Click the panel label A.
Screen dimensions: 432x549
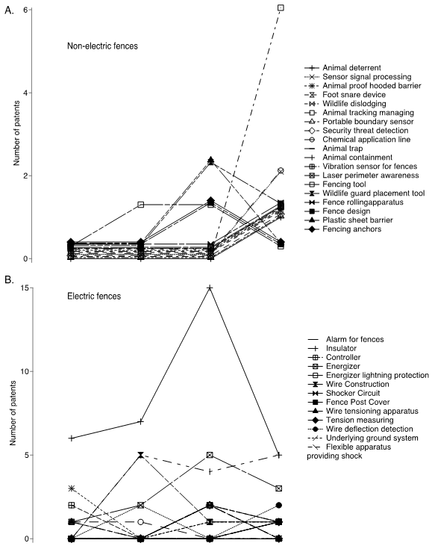[9, 10]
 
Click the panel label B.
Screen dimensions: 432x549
[9, 280]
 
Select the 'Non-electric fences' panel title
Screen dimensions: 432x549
[102, 46]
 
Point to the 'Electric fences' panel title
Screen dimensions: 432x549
[94, 297]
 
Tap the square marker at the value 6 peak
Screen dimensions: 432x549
[281, 7]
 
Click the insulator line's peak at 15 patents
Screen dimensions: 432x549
[210, 288]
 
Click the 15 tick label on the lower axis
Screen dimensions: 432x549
[24, 288]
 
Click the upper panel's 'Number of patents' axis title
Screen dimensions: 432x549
[16, 133]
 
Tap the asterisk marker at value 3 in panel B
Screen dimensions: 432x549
[72, 488]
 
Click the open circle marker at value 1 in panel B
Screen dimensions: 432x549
[140, 522]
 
